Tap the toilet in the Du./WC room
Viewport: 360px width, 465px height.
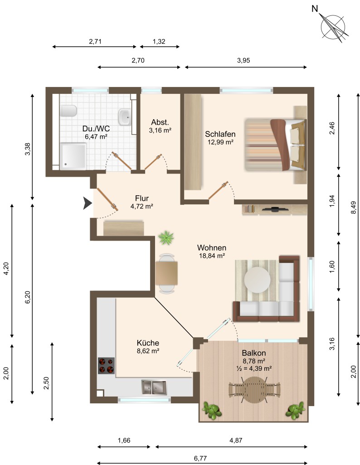click(x=68, y=111)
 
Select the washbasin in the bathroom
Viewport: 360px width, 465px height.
click(x=124, y=117)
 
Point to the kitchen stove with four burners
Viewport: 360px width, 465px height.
click(x=106, y=366)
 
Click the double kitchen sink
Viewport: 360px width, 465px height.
click(x=154, y=387)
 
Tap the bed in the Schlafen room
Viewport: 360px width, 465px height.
click(x=275, y=145)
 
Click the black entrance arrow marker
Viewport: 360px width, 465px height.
click(x=87, y=203)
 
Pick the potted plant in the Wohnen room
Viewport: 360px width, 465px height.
click(x=166, y=237)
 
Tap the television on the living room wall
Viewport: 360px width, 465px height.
click(x=275, y=209)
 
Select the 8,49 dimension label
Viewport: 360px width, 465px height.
click(x=353, y=208)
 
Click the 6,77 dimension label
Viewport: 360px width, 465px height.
click(x=200, y=458)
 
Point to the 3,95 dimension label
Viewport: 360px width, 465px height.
click(x=243, y=60)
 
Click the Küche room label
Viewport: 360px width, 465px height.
click(x=148, y=343)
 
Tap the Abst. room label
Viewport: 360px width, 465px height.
click(x=160, y=122)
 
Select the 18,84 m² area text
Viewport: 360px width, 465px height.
click(x=212, y=256)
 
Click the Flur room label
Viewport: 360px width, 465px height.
click(x=142, y=198)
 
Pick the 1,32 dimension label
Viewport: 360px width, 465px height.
click(x=159, y=42)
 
